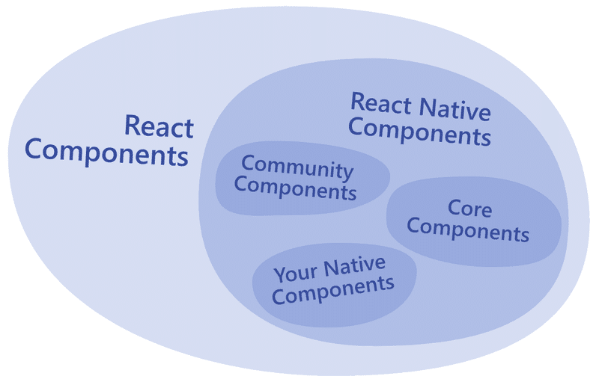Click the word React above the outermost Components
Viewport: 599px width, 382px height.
[x=158, y=126]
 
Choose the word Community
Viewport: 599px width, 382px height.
[x=297, y=167]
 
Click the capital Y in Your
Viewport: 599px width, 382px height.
[x=279, y=274]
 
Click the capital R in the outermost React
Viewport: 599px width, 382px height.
[x=133, y=126]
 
